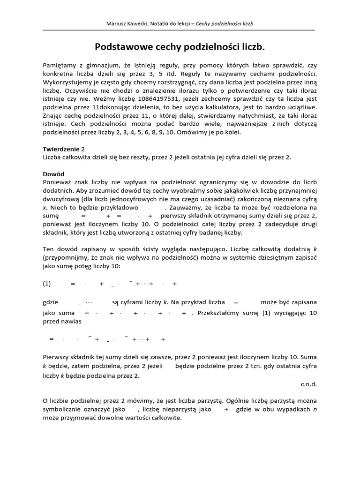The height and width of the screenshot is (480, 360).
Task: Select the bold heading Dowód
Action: (x=53, y=173)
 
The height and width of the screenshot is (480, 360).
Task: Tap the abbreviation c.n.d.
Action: (x=308, y=384)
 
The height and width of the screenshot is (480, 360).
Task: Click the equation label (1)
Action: (x=46, y=284)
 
